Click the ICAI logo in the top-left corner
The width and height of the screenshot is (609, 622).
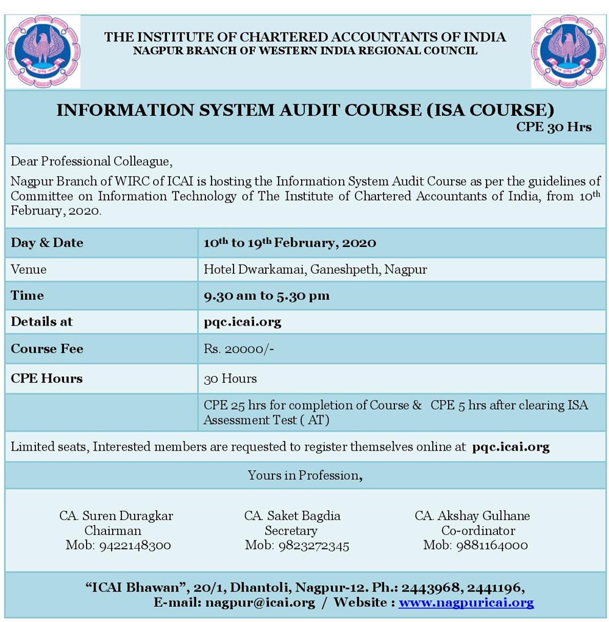click(x=43, y=51)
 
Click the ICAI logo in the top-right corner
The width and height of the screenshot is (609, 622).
click(x=568, y=51)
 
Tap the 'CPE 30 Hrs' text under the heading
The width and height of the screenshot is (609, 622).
click(x=554, y=127)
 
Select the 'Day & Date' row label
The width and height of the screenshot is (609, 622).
click(x=47, y=243)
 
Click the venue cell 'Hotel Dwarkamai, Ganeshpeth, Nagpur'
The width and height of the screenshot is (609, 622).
click(x=315, y=269)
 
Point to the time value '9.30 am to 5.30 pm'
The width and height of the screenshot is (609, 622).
click(x=266, y=296)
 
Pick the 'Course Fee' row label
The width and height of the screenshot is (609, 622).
click(x=47, y=349)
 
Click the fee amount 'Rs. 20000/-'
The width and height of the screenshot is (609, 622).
click(x=235, y=349)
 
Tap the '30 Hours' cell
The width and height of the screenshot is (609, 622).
click(x=230, y=379)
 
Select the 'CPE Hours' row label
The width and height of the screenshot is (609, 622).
click(x=46, y=379)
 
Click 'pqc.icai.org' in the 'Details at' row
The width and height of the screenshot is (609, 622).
click(x=243, y=322)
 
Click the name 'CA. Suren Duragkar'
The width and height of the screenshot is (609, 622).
click(x=116, y=516)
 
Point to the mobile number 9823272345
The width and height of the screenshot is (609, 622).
click(x=297, y=545)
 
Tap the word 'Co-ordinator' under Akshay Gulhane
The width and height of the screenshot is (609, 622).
click(x=478, y=531)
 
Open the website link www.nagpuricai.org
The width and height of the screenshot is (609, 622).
click(x=466, y=602)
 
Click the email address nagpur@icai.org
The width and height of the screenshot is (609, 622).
click(x=260, y=602)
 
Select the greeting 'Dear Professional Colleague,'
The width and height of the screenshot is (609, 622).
click(x=92, y=162)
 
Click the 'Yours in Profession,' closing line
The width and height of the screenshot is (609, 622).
click(x=305, y=476)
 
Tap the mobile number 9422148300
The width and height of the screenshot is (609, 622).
click(x=118, y=545)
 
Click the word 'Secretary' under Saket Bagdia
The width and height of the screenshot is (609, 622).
click(x=291, y=531)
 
